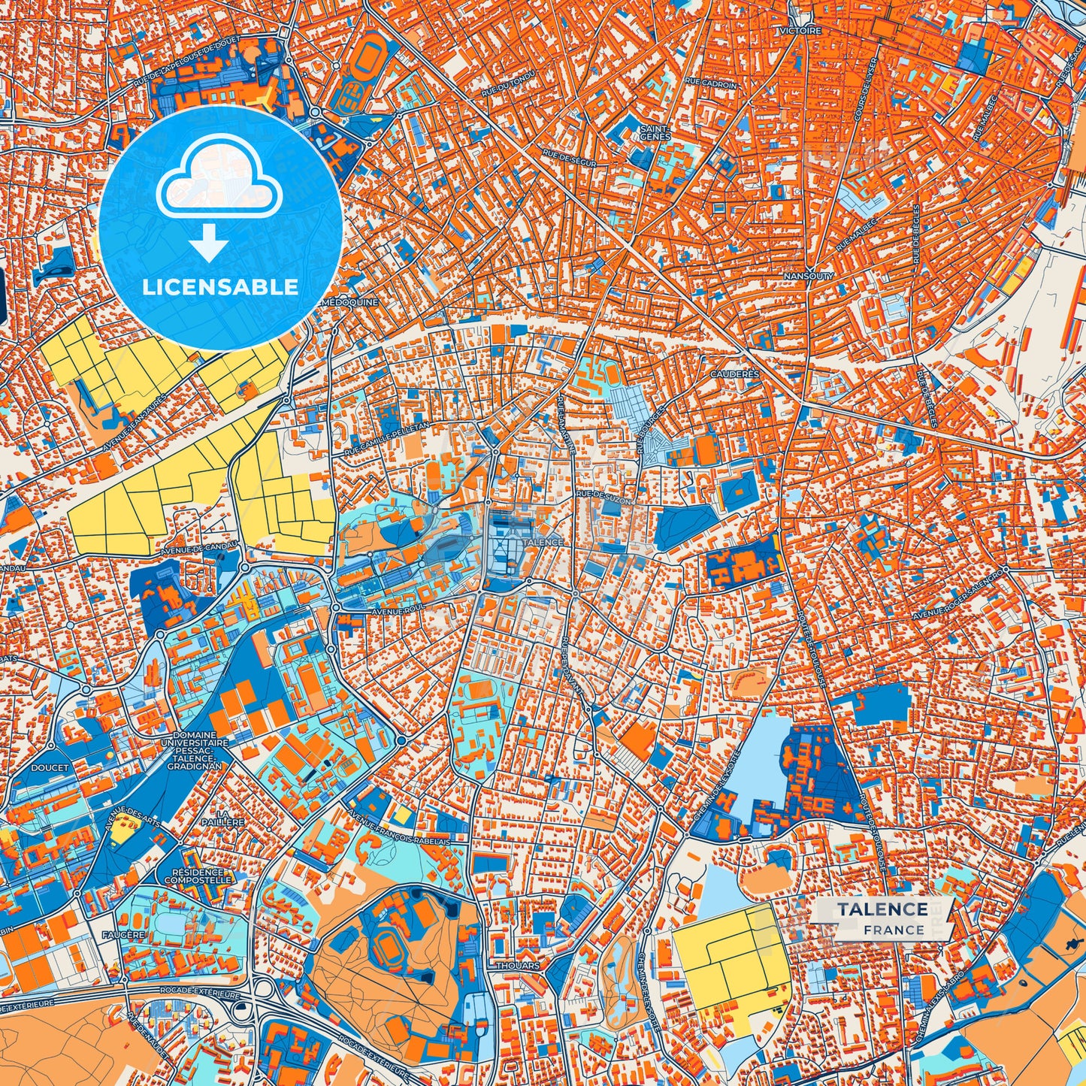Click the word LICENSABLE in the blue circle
tap(220, 286)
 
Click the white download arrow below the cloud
tap(209, 243)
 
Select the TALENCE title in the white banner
tap(883, 909)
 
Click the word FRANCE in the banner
tap(894, 930)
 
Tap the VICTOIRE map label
tap(800, 31)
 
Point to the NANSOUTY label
tap(809, 277)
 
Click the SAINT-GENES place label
tap(655, 133)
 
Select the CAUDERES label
tap(735, 374)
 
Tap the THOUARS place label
tap(518, 966)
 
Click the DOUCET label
tap(50, 768)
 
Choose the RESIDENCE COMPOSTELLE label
tap(198, 876)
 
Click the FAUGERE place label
tap(123, 935)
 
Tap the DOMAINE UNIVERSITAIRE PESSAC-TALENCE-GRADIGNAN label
tap(195, 750)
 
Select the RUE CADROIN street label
tap(711, 85)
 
